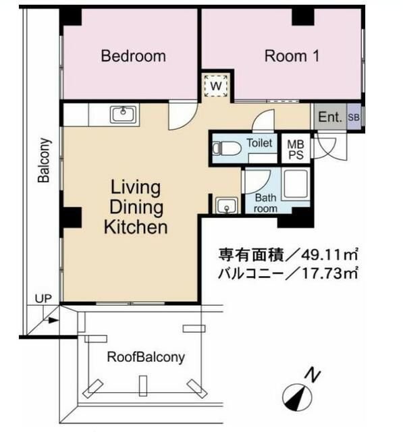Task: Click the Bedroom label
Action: [134, 56]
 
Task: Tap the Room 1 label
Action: [292, 56]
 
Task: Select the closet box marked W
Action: [216, 86]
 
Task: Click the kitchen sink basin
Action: [123, 115]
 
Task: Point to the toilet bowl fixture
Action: [227, 148]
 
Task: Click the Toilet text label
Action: [259, 143]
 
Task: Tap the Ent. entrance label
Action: [330, 117]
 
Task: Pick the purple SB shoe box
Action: [354, 117]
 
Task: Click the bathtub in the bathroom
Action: [296, 184]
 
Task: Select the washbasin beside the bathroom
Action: [226, 205]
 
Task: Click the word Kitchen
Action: [136, 227]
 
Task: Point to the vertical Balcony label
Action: [44, 160]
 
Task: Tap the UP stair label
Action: [43, 298]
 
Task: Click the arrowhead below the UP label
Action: [54, 321]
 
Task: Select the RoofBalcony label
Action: [146, 357]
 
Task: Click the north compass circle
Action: [298, 398]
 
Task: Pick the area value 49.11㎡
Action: [329, 255]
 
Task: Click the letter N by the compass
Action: [313, 375]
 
